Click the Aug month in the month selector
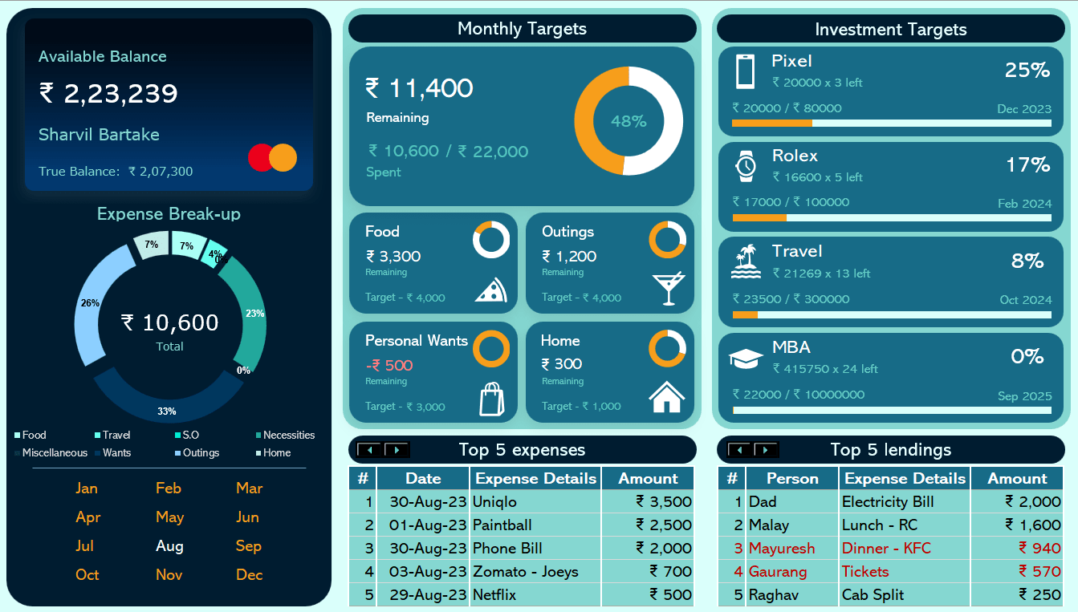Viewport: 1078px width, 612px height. [x=169, y=546]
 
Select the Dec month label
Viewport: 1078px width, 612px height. [x=249, y=575]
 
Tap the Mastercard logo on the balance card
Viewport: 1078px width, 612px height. [x=273, y=157]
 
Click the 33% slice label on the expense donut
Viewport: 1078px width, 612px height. [x=167, y=411]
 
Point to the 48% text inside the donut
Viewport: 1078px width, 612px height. [x=628, y=121]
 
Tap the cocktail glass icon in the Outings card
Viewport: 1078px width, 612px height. [x=668, y=288]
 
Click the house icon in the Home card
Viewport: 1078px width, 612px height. [x=667, y=396]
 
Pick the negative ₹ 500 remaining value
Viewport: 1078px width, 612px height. [x=388, y=366]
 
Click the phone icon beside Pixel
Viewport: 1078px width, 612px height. [x=745, y=71]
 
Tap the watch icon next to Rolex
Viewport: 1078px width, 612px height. [x=746, y=166]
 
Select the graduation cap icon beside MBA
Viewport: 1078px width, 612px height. [x=745, y=358]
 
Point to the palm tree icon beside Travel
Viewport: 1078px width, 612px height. [x=746, y=261]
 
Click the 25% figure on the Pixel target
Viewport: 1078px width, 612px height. [x=1027, y=71]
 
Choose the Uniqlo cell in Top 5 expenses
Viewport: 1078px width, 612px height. [x=494, y=502]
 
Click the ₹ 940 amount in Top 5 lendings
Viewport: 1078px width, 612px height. [x=1039, y=549]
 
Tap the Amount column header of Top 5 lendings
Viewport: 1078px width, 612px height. [x=1017, y=479]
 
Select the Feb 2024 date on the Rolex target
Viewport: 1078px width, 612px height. [x=1024, y=204]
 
